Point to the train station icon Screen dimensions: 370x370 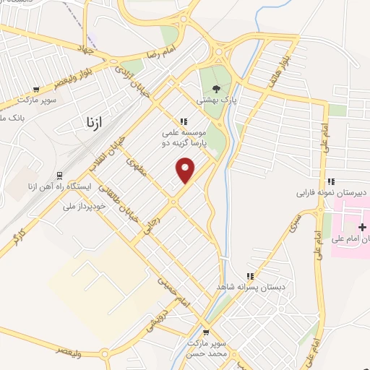pyautogui.click(x=58, y=176)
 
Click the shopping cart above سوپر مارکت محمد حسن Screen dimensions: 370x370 pyautogui.click(x=206, y=333)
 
